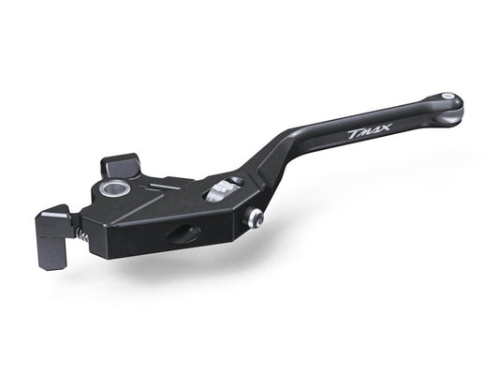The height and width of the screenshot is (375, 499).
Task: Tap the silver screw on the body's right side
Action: coord(253,217)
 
